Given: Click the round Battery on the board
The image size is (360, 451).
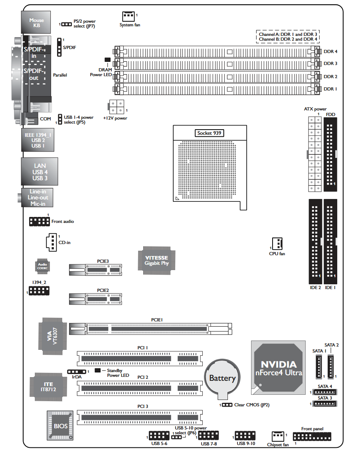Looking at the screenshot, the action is click(222, 379).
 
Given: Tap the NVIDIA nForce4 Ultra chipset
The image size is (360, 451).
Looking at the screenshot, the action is click(278, 368).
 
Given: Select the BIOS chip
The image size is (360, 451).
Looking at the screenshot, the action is click(60, 425).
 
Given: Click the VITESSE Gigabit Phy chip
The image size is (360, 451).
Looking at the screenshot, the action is click(156, 260).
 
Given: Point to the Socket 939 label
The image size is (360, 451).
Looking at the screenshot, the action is click(209, 133).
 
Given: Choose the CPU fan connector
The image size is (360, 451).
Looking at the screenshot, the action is click(277, 244).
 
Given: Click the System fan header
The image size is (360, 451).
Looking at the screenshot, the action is click(129, 16).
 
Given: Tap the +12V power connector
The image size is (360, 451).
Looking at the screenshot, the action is click(116, 107).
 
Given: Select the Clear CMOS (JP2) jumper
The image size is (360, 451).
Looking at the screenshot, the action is click(227, 405).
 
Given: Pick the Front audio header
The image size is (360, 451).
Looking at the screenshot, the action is click(40, 221).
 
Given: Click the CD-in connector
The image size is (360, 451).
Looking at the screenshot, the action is click(51, 242).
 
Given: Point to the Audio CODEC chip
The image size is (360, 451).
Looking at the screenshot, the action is click(43, 266).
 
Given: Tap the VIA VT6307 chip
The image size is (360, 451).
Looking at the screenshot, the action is click(53, 336).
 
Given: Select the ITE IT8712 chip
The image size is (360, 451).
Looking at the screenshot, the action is click(48, 387).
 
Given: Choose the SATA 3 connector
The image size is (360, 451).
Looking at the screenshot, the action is click(325, 404).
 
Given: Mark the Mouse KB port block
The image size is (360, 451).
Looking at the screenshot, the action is click(36, 22).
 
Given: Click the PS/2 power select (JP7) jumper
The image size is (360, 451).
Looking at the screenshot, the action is click(67, 24).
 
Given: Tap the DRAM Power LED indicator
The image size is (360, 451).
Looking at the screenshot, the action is click(108, 59).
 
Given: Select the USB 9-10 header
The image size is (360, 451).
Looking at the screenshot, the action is click(245, 435).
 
